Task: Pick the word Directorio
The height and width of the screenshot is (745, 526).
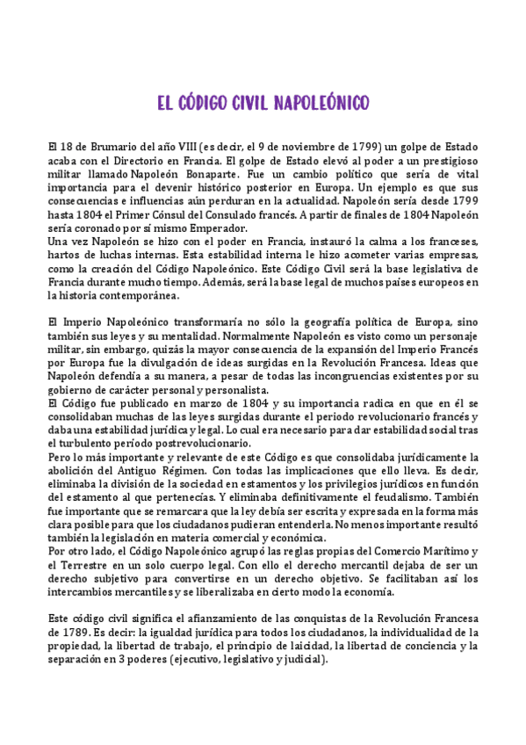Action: [137, 162]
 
